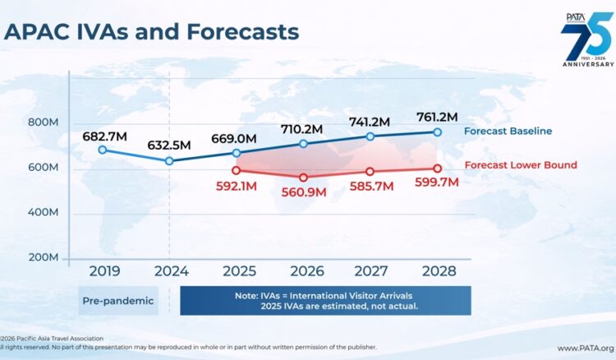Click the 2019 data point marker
point(103,150)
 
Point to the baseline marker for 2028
point(437,132)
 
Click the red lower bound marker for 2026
point(303,178)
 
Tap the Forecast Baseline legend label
point(508,132)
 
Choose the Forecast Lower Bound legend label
point(521,165)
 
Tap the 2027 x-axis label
point(370,270)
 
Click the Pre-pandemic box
point(117,301)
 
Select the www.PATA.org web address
point(586,348)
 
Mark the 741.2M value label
point(370,121)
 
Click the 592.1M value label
point(237,186)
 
